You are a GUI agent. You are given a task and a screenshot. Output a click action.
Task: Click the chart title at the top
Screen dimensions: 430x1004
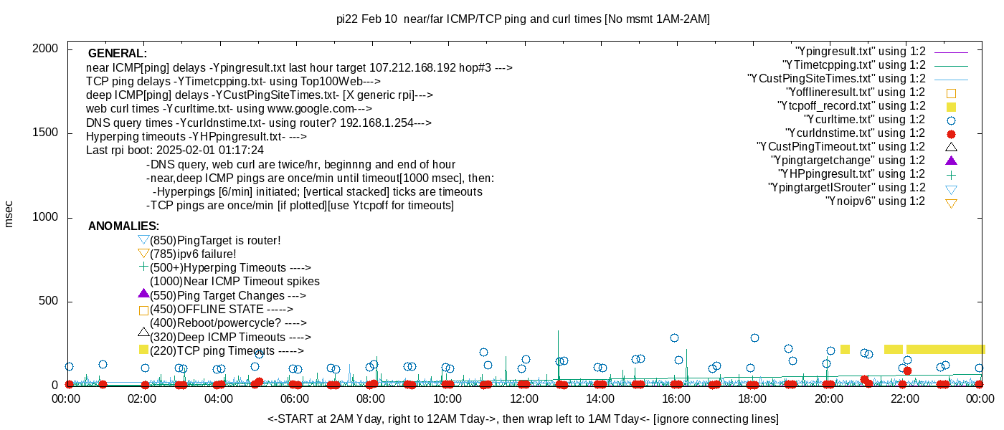[523, 19]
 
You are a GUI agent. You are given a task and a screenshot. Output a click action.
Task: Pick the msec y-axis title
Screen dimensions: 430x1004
[9, 214]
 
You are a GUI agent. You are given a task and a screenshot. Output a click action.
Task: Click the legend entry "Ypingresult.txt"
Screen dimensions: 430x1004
[861, 52]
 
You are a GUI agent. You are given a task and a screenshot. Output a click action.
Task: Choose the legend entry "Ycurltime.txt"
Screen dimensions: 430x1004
[865, 120]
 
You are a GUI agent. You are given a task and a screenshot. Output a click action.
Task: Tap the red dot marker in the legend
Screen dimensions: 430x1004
[951, 134]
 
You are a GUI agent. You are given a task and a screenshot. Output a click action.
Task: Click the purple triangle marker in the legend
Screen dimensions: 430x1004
[951, 161]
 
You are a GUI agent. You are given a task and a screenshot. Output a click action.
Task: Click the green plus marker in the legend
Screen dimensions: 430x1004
[951, 174]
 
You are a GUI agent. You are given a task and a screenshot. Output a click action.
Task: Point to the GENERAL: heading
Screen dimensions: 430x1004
[117, 54]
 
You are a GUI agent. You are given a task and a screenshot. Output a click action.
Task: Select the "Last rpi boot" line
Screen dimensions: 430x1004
[175, 150]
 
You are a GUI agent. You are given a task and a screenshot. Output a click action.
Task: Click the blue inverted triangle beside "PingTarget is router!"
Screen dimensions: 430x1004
[143, 240]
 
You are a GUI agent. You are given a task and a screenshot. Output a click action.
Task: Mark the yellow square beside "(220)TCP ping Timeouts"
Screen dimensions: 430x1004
[143, 350]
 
